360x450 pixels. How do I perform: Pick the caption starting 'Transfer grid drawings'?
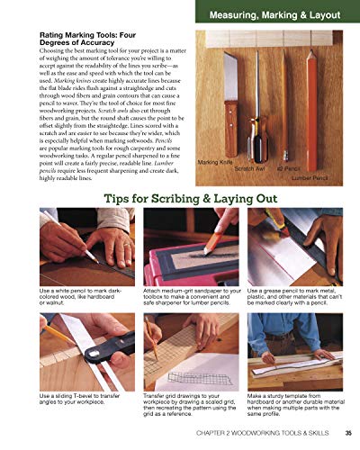[190, 404]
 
